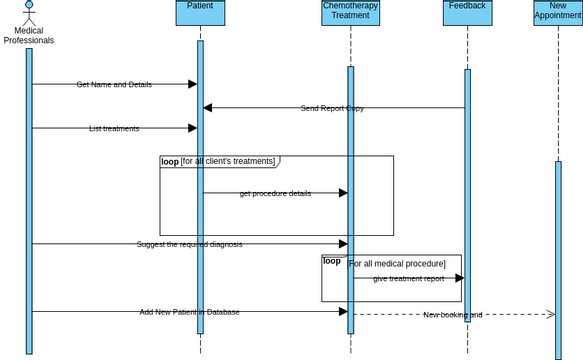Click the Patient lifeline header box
click(x=200, y=12)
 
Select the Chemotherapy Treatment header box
click(x=350, y=12)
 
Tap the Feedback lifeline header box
click(x=467, y=12)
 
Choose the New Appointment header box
click(x=558, y=12)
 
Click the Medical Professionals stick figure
click(x=29, y=13)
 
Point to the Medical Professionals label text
click(x=29, y=36)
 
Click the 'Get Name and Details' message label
click(x=114, y=84)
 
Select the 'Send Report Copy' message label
click(x=332, y=108)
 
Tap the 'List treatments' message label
click(x=114, y=128)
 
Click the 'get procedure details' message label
click(x=275, y=193)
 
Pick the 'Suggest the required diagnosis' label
click(x=189, y=244)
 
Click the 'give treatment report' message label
click(x=408, y=278)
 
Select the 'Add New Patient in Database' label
click(x=189, y=312)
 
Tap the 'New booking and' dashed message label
click(x=452, y=314)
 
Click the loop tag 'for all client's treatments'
click(x=218, y=161)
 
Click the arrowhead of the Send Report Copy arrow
click(x=208, y=108)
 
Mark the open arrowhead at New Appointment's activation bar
click(x=550, y=314)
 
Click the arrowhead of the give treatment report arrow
click(x=459, y=278)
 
